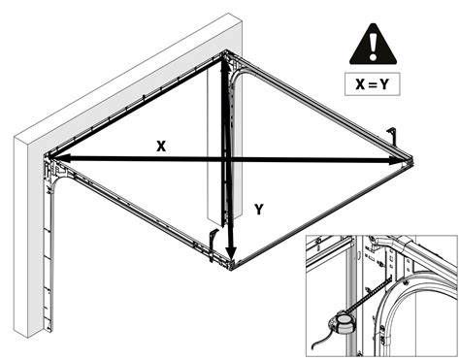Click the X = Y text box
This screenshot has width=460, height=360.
(x=373, y=84)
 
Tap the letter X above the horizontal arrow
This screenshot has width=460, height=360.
(x=161, y=147)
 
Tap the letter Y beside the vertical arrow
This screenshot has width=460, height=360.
(x=259, y=210)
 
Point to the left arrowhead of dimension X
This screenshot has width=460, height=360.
(x=56, y=158)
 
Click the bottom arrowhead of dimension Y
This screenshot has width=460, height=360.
(x=231, y=253)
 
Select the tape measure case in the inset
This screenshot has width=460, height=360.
(x=340, y=324)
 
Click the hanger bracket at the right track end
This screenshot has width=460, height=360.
(x=393, y=135)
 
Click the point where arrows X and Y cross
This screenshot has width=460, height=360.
(x=226, y=159)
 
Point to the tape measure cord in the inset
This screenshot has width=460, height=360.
(x=320, y=340)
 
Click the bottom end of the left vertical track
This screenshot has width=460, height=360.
(x=49, y=329)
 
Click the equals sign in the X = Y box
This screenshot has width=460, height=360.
(x=373, y=84)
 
